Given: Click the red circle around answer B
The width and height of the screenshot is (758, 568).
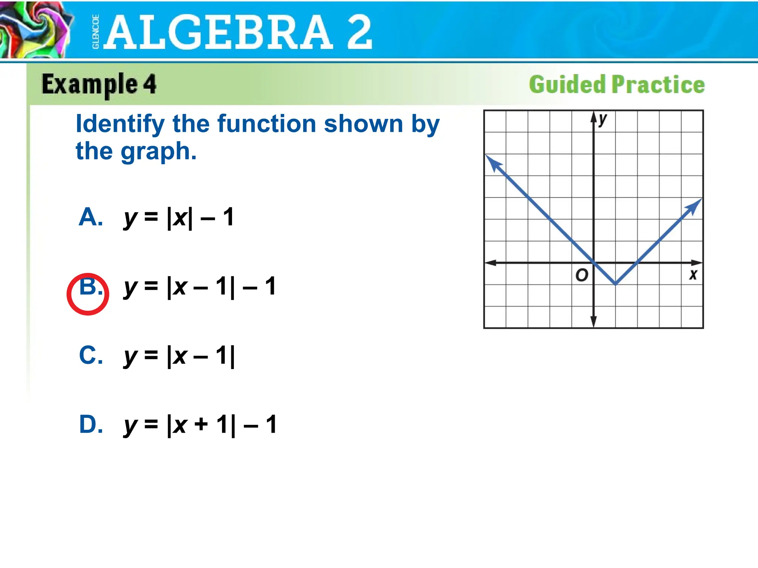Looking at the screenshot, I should point(88,294).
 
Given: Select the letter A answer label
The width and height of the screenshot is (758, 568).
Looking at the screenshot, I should point(91,217).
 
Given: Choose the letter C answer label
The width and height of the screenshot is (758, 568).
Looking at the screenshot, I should point(91,355).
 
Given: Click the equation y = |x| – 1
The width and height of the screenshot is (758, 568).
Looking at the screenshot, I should point(179,217).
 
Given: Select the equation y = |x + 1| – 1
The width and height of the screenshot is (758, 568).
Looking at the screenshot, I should point(200,425).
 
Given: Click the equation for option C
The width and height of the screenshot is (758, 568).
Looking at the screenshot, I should point(179,356).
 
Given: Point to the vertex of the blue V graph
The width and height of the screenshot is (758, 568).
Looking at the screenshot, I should point(616,284).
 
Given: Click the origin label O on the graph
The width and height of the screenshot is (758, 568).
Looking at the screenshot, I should point(582,275).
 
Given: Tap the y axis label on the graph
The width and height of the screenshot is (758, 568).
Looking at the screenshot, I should point(603,119).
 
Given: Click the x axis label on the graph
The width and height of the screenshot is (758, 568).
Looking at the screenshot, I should point(693,275).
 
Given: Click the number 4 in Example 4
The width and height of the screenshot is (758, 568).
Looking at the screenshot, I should point(150,84).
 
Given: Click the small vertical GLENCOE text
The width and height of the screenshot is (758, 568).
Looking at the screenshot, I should point(95,32).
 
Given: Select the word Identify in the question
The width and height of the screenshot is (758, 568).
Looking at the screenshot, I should point(120,124).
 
